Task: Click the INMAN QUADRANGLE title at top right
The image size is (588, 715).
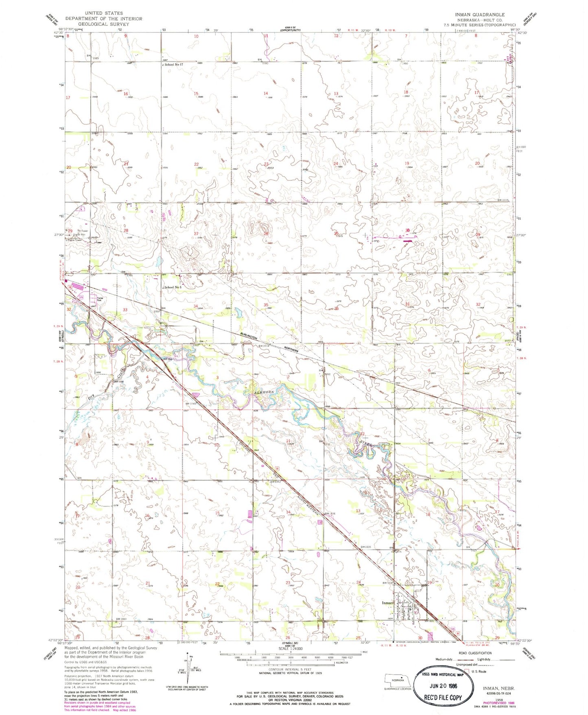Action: [480, 14]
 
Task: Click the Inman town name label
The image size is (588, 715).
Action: [388, 603]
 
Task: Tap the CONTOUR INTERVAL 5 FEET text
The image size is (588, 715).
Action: [290, 669]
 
